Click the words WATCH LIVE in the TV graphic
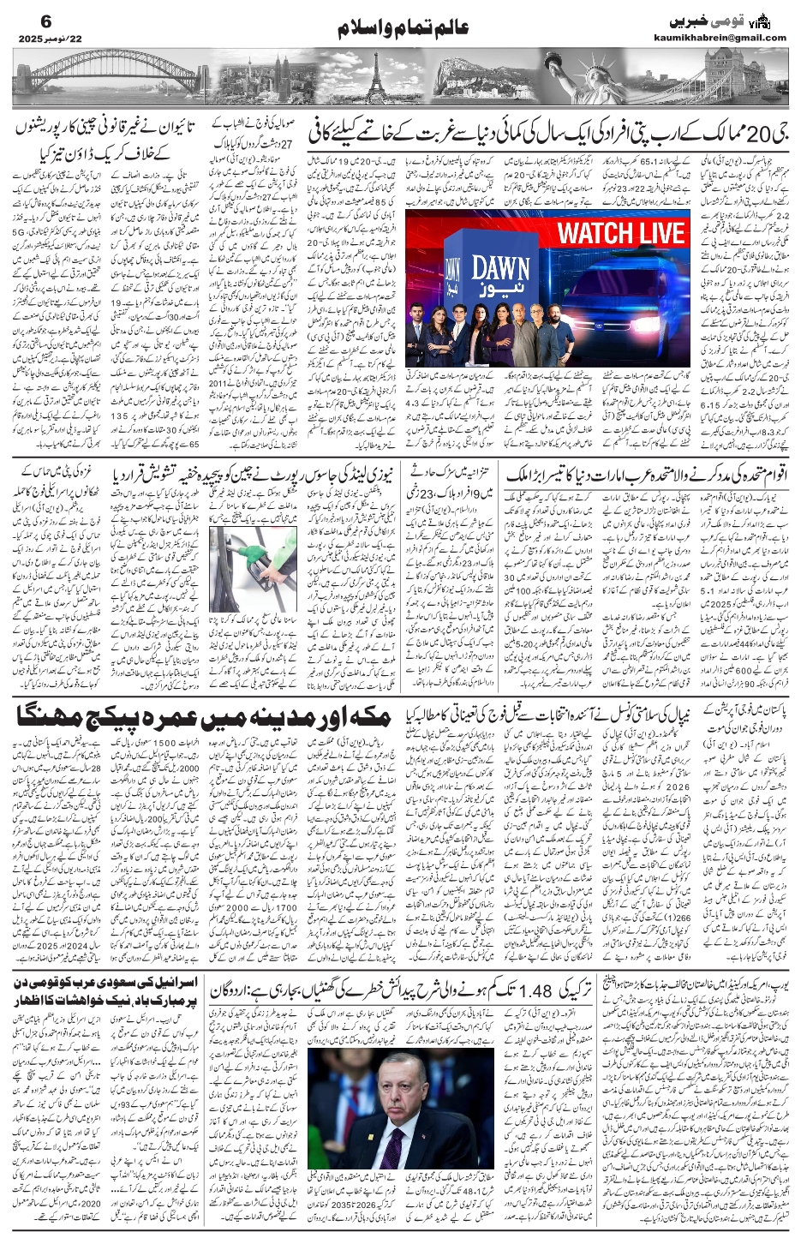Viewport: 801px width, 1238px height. pos(622,233)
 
